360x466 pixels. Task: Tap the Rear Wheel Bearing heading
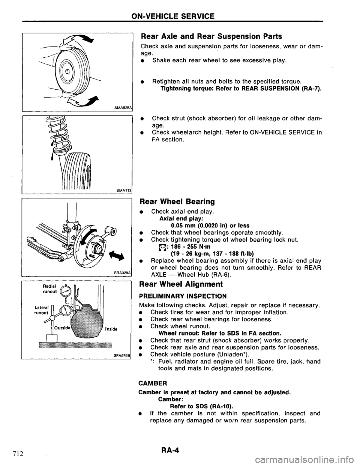(x=177, y=201)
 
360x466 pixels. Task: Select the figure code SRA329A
(x=123, y=272)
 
